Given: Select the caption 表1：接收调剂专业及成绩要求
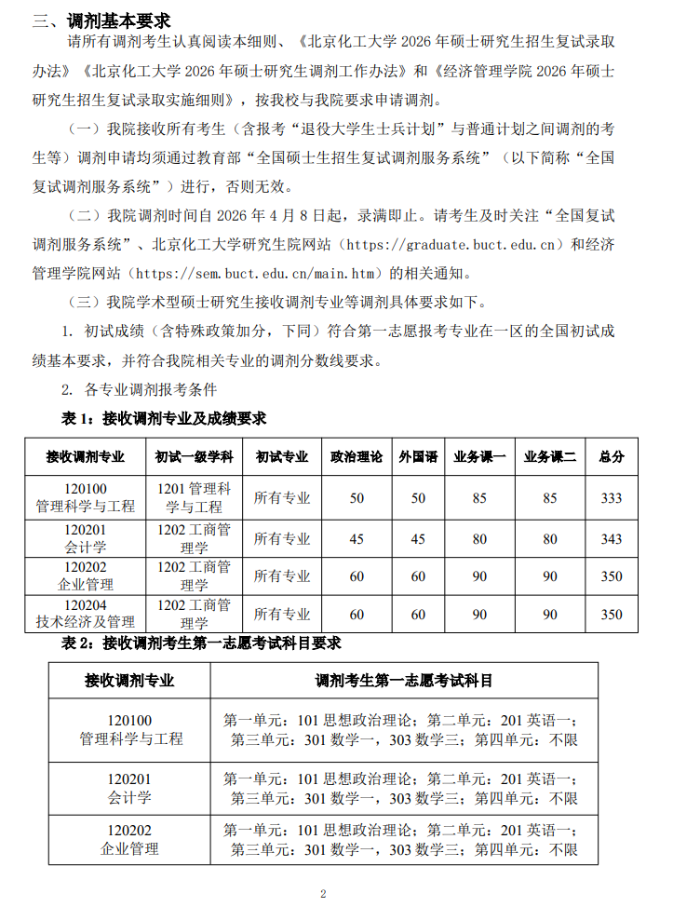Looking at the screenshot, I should click(x=163, y=418).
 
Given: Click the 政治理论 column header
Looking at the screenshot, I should click(x=357, y=457).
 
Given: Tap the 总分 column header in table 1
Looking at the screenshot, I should click(x=612, y=457).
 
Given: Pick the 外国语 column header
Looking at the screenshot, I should click(x=418, y=457).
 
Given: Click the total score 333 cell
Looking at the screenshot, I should click(x=612, y=498).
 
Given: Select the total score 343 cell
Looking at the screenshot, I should click(x=612, y=539).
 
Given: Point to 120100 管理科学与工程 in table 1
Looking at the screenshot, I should click(x=86, y=498).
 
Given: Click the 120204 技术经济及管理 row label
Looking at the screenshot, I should click(x=86, y=614).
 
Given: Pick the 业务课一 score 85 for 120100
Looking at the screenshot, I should click(x=479, y=498).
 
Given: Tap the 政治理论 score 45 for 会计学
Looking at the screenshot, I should click(x=357, y=539).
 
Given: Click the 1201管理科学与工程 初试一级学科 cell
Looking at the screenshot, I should click(x=195, y=498).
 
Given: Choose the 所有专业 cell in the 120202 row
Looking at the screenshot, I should click(x=282, y=576).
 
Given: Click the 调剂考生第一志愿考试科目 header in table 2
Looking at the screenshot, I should click(x=404, y=681).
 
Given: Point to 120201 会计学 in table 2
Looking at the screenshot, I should click(x=129, y=789).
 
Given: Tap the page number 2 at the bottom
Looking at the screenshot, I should click(x=323, y=893).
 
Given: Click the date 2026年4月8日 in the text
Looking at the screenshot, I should click(x=280, y=216).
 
